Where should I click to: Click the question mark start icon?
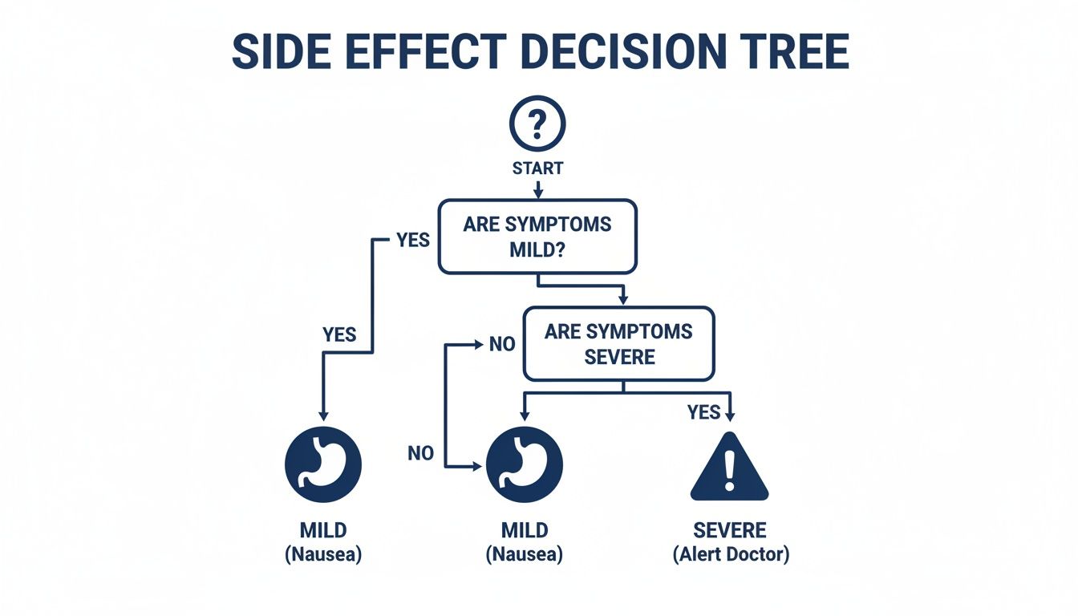tap(537, 124)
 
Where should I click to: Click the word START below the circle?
tap(537, 168)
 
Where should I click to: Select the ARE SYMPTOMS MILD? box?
tap(537, 237)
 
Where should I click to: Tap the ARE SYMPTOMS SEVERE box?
tap(618, 343)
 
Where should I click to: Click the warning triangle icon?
tap(729, 469)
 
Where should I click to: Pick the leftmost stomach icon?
tap(323, 464)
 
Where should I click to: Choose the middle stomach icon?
tap(525, 464)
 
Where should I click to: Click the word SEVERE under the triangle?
tap(730, 530)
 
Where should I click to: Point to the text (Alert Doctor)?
tap(730, 554)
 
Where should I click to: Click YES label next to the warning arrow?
tap(703, 412)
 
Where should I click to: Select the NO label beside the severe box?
tap(501, 345)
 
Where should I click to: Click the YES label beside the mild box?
tap(413, 240)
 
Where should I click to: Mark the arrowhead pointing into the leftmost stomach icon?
tap(323, 415)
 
